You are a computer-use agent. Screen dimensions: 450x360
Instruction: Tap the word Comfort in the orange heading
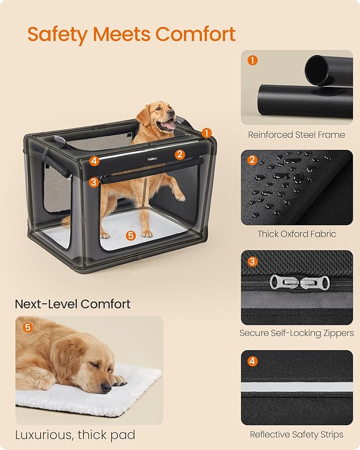pyautogui.click(x=196, y=34)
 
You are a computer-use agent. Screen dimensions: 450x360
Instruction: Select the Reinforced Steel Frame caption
pyautogui.click(x=296, y=135)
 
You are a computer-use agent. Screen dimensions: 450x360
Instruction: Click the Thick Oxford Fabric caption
pyautogui.click(x=296, y=234)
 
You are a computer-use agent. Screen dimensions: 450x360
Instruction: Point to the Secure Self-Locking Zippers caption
pyautogui.click(x=296, y=333)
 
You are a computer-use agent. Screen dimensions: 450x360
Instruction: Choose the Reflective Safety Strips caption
pyautogui.click(x=296, y=434)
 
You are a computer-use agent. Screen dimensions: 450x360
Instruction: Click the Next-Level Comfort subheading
pyautogui.click(x=73, y=304)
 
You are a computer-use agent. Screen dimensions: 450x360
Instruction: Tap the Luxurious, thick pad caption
pyautogui.click(x=75, y=435)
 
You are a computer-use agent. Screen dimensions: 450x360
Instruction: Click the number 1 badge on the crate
pyautogui.click(x=207, y=133)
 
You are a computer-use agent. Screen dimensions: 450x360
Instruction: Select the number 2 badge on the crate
pyautogui.click(x=180, y=154)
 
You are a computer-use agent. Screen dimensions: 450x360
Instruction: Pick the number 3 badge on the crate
pyautogui.click(x=94, y=182)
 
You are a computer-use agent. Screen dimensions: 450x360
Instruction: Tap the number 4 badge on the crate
pyautogui.click(x=94, y=160)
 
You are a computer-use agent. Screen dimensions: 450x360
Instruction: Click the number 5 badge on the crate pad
pyautogui.click(x=131, y=235)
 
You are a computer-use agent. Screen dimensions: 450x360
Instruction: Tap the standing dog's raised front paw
pyautogui.click(x=180, y=197)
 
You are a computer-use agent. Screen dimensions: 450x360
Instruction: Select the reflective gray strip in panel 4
pyautogui.click(x=296, y=387)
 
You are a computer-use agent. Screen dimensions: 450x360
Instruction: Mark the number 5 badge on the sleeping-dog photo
pyautogui.click(x=28, y=328)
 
